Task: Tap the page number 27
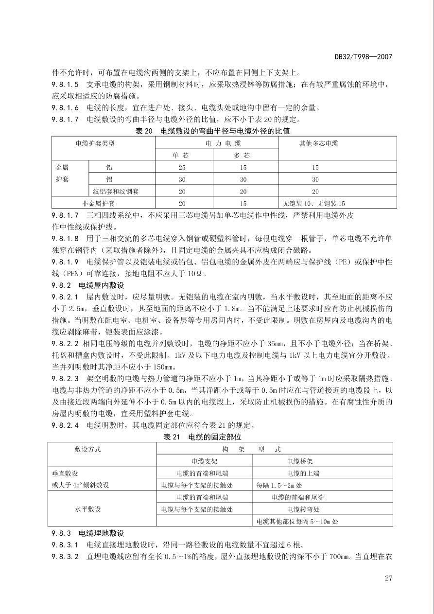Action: click(388, 578)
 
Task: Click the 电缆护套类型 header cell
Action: click(95, 143)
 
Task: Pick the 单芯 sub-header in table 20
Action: click(181, 156)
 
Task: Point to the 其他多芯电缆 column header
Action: click(318, 143)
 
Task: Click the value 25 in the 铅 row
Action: click(182, 168)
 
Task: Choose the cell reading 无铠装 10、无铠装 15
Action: click(313, 204)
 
